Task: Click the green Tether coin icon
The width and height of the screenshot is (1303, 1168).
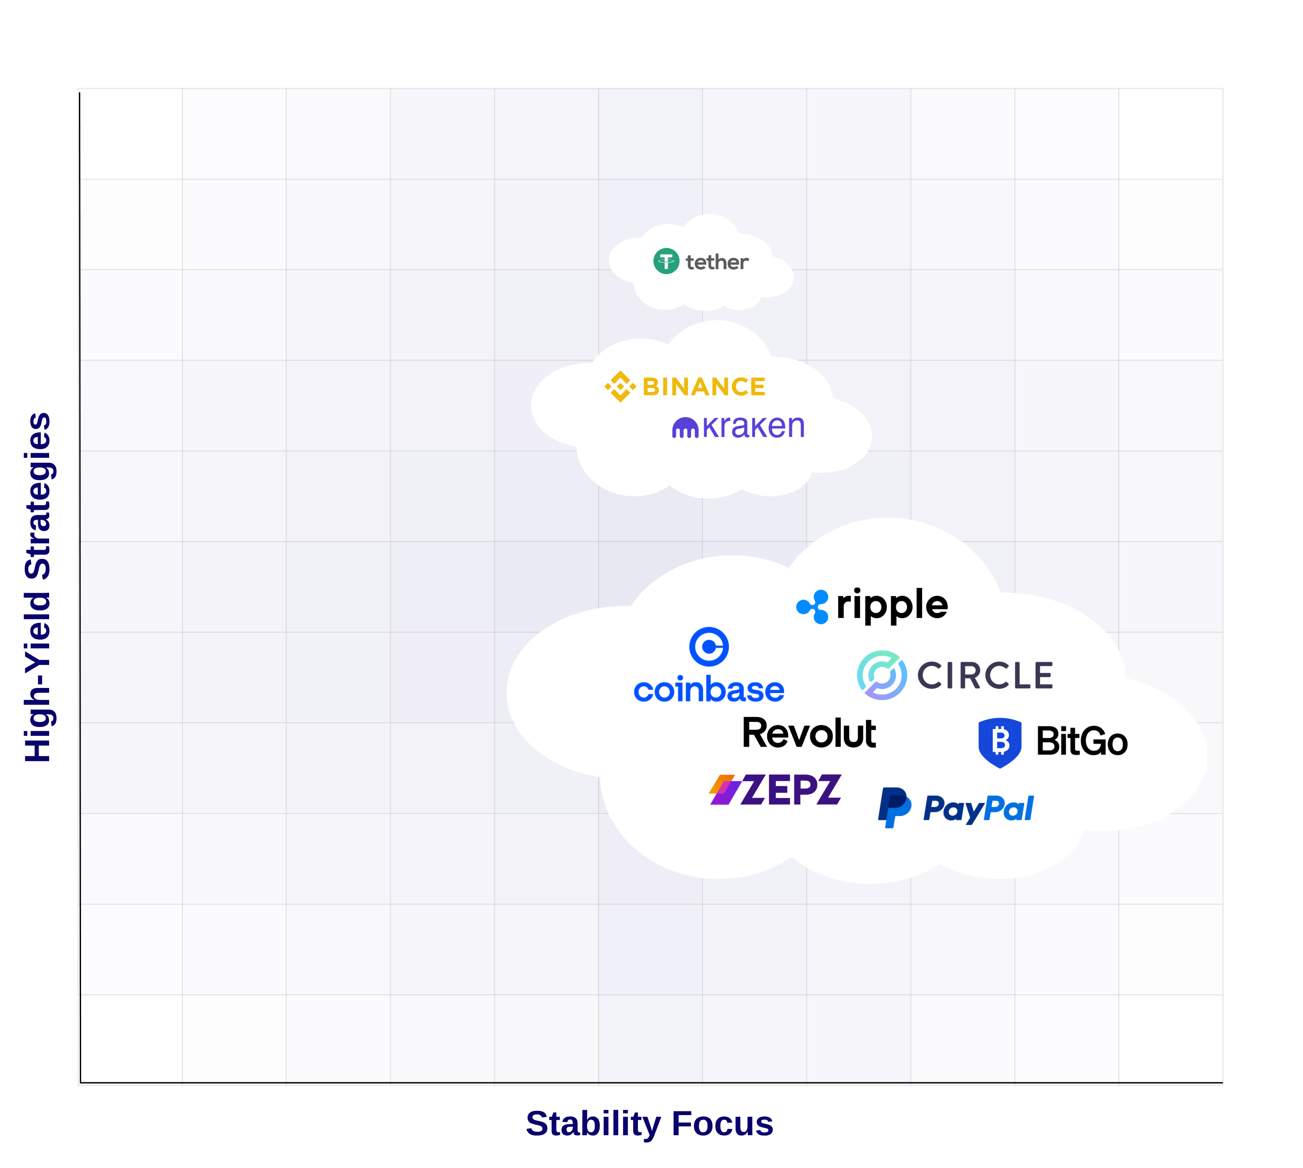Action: tap(666, 261)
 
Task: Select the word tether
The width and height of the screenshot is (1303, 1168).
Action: tap(717, 262)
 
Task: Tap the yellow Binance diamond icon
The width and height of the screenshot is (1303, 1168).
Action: tap(620, 386)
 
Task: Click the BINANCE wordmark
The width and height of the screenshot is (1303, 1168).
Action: tap(704, 387)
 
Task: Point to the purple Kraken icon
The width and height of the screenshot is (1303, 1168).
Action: tap(684, 428)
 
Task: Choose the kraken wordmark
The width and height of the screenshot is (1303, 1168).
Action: tap(753, 427)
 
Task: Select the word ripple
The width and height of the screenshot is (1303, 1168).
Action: tap(892, 605)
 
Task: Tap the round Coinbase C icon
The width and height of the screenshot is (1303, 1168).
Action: tap(708, 646)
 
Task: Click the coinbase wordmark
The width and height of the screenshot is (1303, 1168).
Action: tap(708, 690)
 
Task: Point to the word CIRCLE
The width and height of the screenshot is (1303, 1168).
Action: tap(985, 676)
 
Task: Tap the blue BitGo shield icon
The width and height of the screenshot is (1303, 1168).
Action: tap(999, 743)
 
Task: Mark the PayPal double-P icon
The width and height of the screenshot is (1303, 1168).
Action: tap(894, 807)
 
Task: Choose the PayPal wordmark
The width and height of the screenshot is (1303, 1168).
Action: tap(978, 808)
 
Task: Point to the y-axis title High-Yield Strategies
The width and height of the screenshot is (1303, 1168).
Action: tap(39, 587)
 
